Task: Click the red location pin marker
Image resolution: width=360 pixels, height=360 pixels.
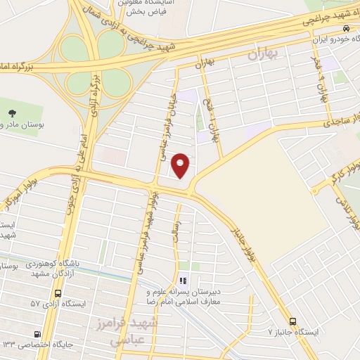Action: (181, 165)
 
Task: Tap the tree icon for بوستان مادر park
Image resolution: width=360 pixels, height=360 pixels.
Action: (12, 112)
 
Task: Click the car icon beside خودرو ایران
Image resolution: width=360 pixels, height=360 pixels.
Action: (346, 28)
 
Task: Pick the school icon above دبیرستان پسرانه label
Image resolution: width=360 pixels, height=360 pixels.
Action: (184, 281)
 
